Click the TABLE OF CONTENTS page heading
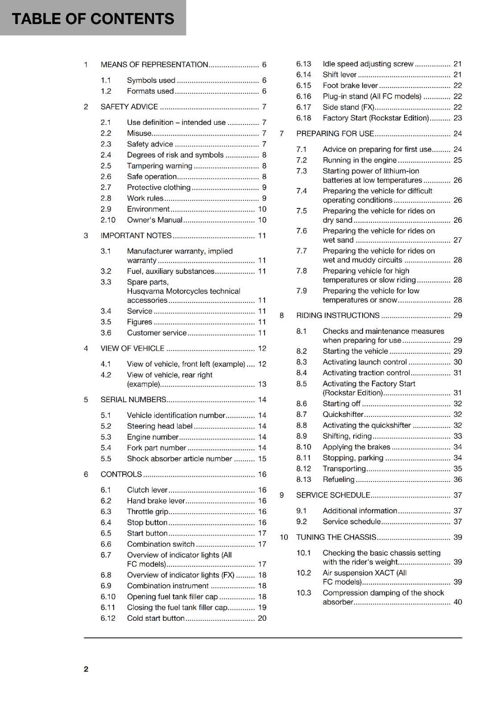(x=93, y=19)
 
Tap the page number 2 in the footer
(x=86, y=669)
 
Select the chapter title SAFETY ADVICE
(x=129, y=107)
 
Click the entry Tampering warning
(x=159, y=166)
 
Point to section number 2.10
(x=108, y=220)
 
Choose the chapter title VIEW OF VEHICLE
(x=132, y=349)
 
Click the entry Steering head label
(x=159, y=426)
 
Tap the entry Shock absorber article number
(x=179, y=459)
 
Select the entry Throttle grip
(x=147, y=512)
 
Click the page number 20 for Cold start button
(x=262, y=619)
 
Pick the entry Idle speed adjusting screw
(x=368, y=64)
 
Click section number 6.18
(x=303, y=118)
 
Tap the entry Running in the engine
(x=359, y=160)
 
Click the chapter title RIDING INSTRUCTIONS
(x=338, y=315)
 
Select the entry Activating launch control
(x=364, y=362)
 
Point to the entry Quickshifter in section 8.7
(x=343, y=415)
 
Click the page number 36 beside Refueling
(x=458, y=480)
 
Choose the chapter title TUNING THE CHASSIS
(x=336, y=537)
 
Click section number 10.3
(x=304, y=593)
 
